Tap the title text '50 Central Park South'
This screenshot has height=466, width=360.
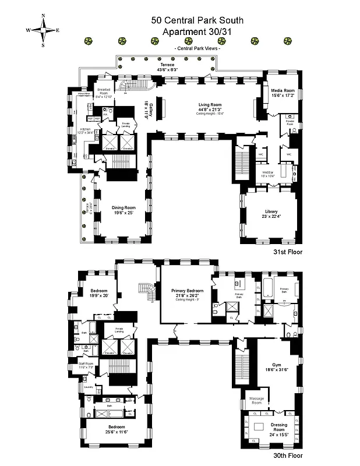[197, 20]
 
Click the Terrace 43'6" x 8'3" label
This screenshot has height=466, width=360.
[167, 67]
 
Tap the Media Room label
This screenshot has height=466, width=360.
[283, 93]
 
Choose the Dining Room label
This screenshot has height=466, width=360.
[123, 210]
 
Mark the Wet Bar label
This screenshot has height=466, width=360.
[268, 174]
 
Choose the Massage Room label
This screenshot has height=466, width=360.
[256, 401]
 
